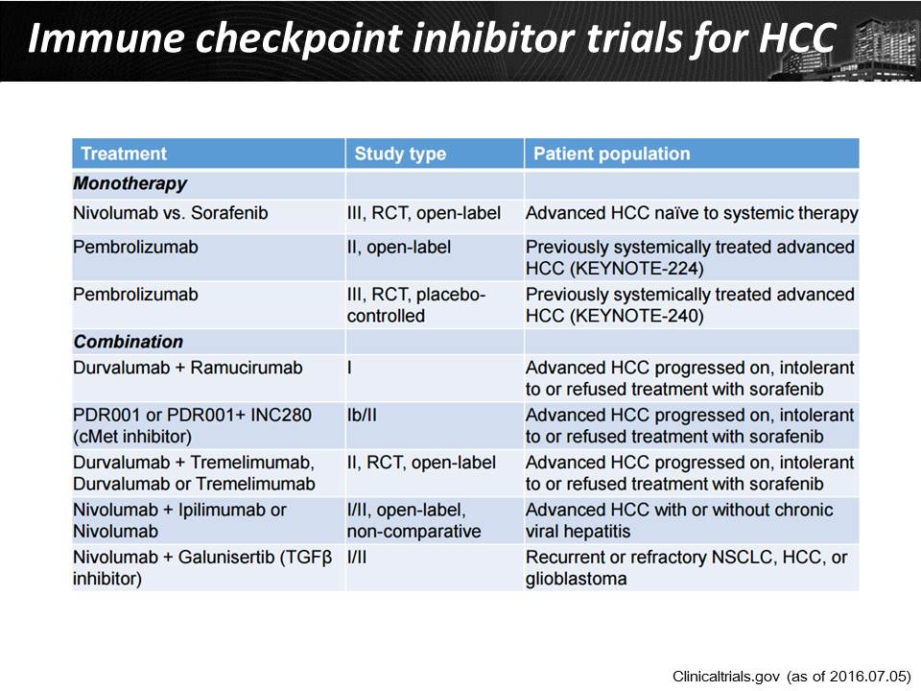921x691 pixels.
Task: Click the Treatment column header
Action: point(124,154)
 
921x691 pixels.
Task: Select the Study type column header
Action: point(400,154)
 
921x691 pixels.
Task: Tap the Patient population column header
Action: point(611,154)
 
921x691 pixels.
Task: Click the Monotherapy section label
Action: point(130,183)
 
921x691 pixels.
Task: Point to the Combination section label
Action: point(128,342)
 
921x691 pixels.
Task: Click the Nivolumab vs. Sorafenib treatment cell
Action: point(171,213)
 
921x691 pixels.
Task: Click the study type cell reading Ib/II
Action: point(362,416)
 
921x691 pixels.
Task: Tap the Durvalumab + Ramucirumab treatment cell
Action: point(188,368)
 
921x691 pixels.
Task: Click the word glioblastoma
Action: point(577,579)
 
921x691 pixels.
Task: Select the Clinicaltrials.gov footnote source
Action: point(791,677)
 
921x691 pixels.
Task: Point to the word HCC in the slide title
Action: point(797,38)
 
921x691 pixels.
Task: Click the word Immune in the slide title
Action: point(106,38)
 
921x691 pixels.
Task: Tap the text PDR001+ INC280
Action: point(239,416)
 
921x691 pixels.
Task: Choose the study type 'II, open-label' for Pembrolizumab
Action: point(399,248)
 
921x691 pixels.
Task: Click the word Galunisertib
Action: point(226,557)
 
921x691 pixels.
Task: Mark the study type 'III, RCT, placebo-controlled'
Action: point(415,305)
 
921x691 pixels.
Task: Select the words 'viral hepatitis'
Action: point(578,531)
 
